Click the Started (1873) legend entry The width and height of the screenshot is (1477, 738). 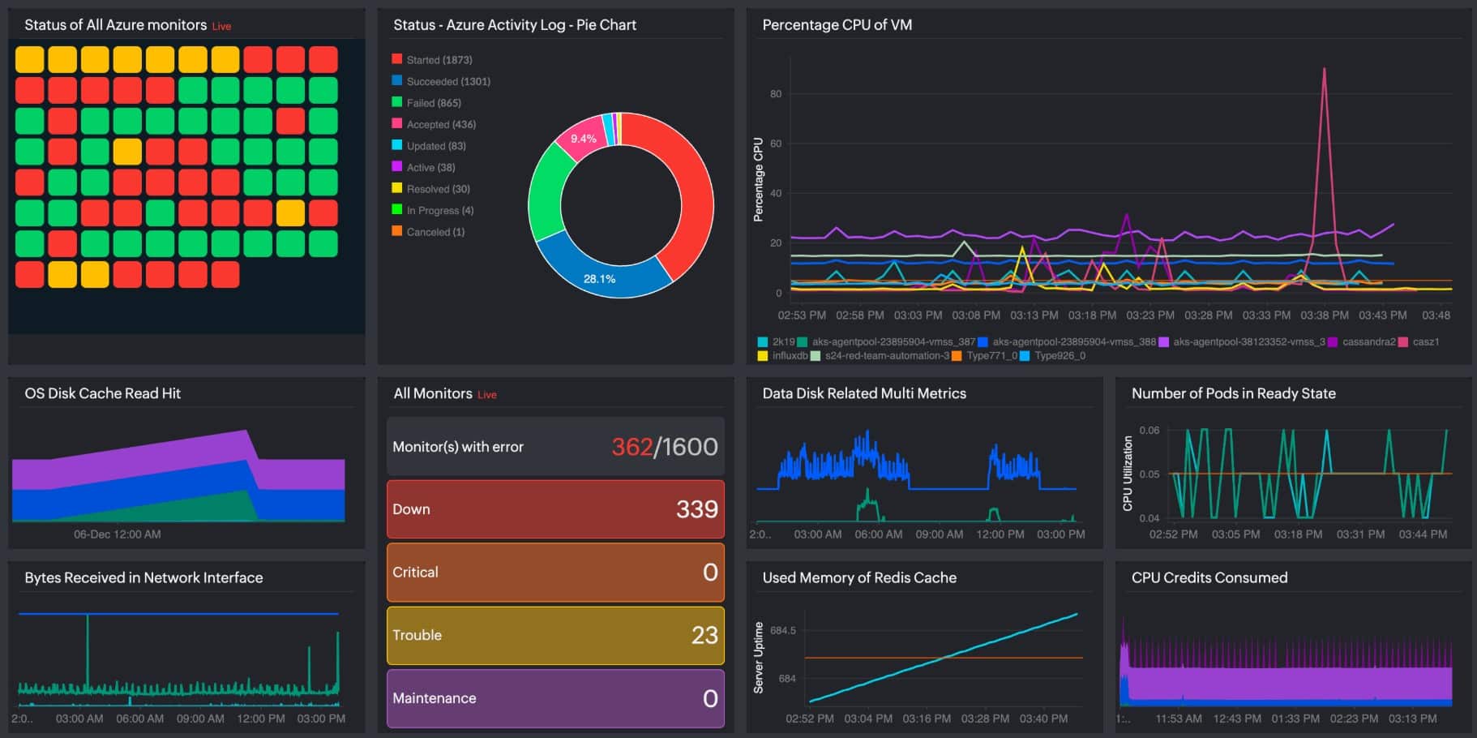pos(439,60)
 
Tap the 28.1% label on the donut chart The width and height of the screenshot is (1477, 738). pos(599,279)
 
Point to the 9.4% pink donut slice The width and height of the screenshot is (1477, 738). pos(583,139)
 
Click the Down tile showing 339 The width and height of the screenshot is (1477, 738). pos(555,509)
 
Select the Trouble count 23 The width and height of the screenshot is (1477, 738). pos(704,635)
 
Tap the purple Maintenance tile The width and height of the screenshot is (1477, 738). pos(555,698)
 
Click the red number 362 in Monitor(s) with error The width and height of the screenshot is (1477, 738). pos(631,447)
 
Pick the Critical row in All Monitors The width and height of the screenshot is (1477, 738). pos(555,573)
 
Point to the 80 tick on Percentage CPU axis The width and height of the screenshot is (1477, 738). pos(776,94)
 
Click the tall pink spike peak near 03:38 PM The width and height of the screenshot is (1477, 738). pos(1324,71)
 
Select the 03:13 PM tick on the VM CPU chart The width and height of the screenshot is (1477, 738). pos(1034,315)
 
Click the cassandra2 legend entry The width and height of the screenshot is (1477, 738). pos(1368,342)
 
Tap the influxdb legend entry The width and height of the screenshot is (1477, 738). pos(790,356)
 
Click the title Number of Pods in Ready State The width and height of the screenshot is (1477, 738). pos(1233,393)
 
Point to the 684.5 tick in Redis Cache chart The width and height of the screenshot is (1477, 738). pos(782,630)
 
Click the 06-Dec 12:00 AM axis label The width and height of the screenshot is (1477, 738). pos(117,534)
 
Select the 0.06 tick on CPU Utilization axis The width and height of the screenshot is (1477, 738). pos(1149,431)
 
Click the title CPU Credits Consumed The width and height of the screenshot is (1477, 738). pos(1209,577)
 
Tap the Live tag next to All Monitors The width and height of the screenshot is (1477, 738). pos(486,395)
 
